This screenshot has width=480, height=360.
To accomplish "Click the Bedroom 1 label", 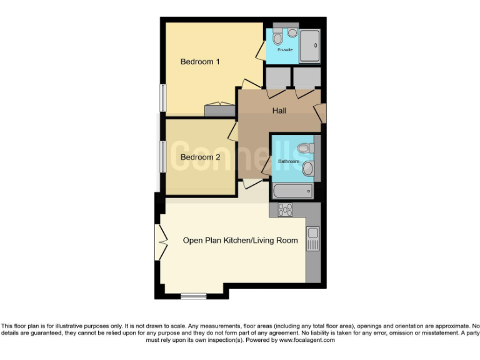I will click(x=200, y=62).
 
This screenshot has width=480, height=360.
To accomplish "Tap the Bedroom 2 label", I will click(x=200, y=157).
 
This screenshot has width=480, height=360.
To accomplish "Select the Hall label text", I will click(x=279, y=111).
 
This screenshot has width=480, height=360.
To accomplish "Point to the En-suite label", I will click(x=285, y=49).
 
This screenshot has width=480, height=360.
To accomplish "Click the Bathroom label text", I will click(x=289, y=161).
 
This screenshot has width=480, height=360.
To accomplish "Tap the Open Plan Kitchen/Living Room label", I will click(x=240, y=240).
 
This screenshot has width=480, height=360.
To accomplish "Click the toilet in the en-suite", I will click(x=277, y=38).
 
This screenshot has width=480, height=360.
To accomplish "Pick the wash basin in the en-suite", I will click(x=292, y=32).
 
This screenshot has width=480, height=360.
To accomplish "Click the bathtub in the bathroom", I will click(x=293, y=191).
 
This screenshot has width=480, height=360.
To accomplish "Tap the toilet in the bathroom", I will click(x=305, y=148).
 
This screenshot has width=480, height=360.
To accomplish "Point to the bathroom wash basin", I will click(x=307, y=168).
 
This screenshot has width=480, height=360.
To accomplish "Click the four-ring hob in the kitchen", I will click(x=285, y=210).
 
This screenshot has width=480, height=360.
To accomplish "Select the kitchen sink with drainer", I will click(x=312, y=237).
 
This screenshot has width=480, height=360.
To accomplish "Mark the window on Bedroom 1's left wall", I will click(x=162, y=98).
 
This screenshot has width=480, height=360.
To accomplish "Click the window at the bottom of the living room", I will click(x=193, y=296).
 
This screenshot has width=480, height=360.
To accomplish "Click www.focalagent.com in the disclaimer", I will click(x=307, y=341).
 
